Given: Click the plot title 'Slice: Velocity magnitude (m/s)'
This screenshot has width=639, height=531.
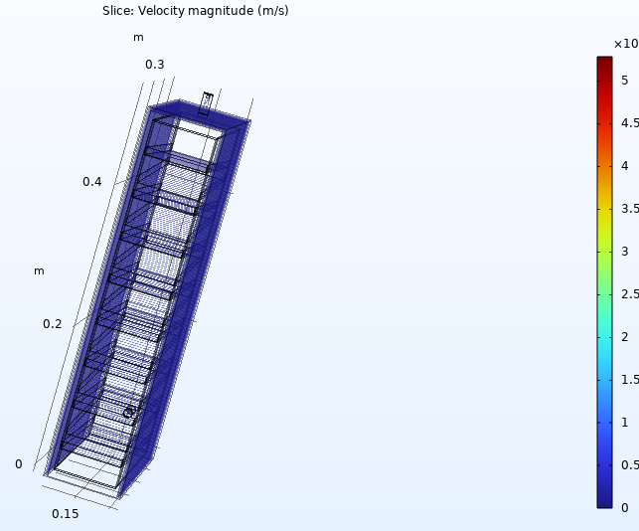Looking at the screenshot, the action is point(196,11).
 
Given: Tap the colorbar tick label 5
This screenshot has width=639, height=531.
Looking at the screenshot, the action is point(625,81).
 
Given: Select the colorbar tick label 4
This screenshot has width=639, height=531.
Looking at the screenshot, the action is point(625,166).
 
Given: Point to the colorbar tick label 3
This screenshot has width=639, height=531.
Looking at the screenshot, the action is point(625,252).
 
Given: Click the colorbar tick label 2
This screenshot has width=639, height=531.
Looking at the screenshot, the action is point(625,337).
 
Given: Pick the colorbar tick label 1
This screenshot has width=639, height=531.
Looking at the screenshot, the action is point(625,422).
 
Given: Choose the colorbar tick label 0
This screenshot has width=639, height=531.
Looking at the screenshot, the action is point(625,508).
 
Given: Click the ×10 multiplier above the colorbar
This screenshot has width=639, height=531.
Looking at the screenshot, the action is point(626,44).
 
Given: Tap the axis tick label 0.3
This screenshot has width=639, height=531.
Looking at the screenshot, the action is point(155,65).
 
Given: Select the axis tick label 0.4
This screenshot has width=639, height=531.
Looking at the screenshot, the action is point(92,182).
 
